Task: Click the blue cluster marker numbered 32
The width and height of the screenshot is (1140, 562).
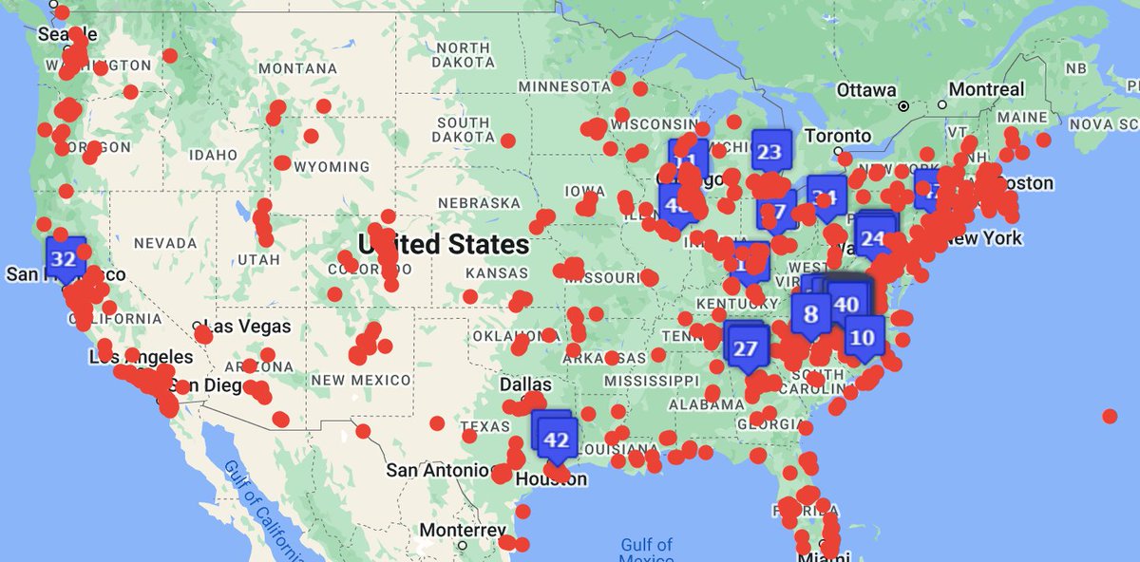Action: pos(65,258)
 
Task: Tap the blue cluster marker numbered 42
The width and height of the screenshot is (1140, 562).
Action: pos(557,440)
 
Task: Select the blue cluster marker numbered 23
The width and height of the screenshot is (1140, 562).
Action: pos(770,152)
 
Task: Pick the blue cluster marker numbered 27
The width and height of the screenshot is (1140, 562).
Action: pos(746,348)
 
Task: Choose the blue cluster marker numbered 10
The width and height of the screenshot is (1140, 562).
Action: pos(862,337)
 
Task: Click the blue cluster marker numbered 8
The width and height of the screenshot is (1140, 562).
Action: pos(810,312)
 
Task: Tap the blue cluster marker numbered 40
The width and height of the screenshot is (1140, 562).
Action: pos(845,304)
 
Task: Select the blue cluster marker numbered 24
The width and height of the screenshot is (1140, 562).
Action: pos(873,239)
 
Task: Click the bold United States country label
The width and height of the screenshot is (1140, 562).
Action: pos(443,244)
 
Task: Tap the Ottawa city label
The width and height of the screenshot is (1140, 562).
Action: pos(866,89)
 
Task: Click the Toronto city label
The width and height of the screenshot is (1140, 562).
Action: pos(837,136)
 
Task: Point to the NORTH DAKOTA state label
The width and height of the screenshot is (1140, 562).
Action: pos(464,56)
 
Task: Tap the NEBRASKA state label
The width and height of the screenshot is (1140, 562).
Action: pos(479,202)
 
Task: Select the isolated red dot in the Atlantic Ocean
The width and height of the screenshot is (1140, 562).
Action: pos(1109,416)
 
